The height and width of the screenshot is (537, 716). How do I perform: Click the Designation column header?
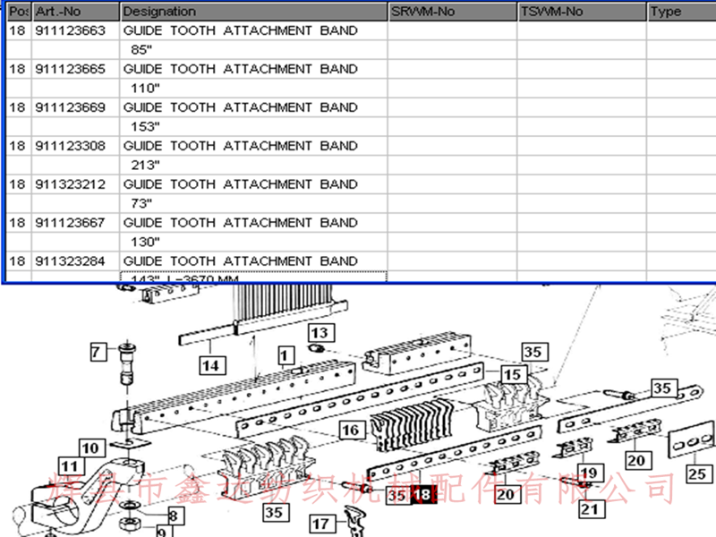coord(159,12)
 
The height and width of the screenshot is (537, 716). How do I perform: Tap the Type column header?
coord(666,12)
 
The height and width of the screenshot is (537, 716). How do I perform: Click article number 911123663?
coord(71,30)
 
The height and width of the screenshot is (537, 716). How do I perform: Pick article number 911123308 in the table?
coord(71,146)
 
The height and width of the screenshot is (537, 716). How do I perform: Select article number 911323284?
coord(71,261)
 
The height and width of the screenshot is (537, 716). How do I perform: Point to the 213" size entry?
coord(145,165)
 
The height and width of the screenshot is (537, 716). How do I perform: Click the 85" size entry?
coord(141,49)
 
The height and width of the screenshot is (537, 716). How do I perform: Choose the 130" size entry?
coord(145,242)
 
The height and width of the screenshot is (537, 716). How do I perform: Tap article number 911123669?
coord(71,107)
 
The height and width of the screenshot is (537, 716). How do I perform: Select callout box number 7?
coord(98,352)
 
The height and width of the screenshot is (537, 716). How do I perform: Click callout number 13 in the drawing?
coord(321,333)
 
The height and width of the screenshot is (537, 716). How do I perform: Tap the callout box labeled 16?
coord(352,430)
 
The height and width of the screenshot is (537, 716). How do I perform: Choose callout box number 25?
coord(696,473)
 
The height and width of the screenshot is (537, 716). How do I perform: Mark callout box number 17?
coord(321,523)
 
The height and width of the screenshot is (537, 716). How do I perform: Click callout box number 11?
coord(70,465)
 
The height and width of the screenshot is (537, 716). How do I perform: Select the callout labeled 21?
coord(588,509)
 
